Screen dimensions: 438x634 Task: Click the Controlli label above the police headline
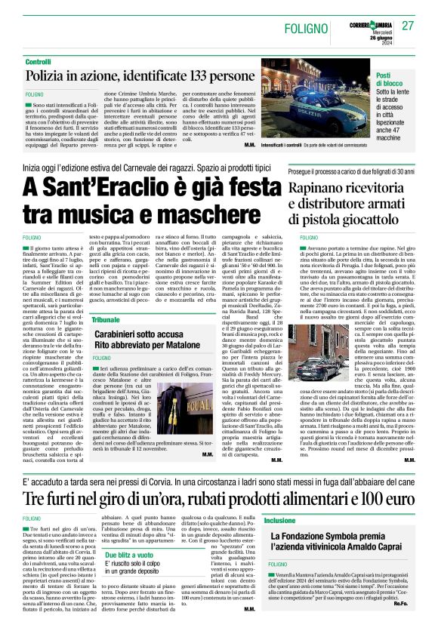click(x=38, y=60)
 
